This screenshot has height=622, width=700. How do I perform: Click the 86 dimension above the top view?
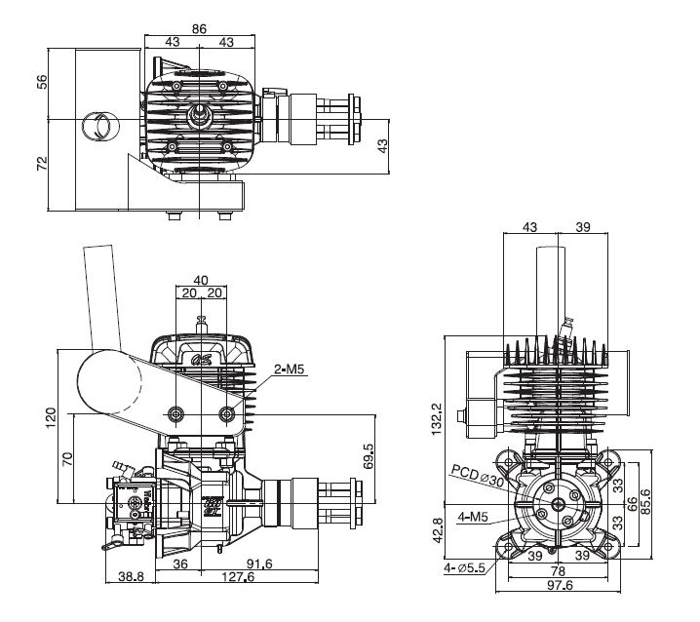click(x=199, y=29)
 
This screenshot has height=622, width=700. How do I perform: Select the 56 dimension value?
click(x=41, y=81)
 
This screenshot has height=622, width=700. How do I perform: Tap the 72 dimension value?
click(x=41, y=163)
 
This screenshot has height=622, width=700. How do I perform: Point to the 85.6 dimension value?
click(x=662, y=504)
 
